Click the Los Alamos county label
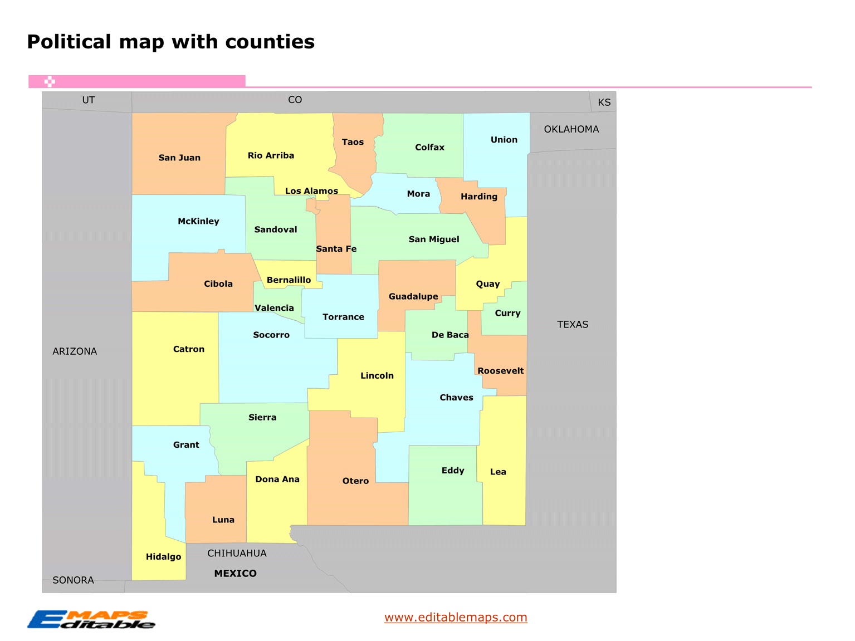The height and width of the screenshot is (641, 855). [x=311, y=191]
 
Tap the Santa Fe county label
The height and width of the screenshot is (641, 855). [x=336, y=249]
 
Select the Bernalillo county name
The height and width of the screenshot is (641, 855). [x=289, y=280]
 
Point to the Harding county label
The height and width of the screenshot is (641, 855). [x=479, y=197]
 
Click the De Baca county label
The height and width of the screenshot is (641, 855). [x=450, y=335]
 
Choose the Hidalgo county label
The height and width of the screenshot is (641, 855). [x=163, y=557]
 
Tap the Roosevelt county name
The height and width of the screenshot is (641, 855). [x=500, y=371]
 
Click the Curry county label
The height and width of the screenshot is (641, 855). [x=507, y=313]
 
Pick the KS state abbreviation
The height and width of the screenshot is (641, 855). [x=604, y=102]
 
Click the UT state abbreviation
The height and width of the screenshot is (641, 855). [x=89, y=100]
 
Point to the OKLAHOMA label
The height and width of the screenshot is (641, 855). [x=571, y=129]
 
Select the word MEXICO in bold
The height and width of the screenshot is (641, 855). [x=235, y=574]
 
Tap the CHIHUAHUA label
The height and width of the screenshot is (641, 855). [x=237, y=554]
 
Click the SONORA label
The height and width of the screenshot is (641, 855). [x=73, y=580]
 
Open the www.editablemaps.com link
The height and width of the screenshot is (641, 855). [x=456, y=617]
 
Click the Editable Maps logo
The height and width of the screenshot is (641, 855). [x=92, y=620]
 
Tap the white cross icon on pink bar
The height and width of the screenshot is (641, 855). [x=50, y=81]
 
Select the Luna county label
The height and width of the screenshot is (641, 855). [x=223, y=520]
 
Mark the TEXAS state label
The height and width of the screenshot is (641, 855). [x=573, y=325]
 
